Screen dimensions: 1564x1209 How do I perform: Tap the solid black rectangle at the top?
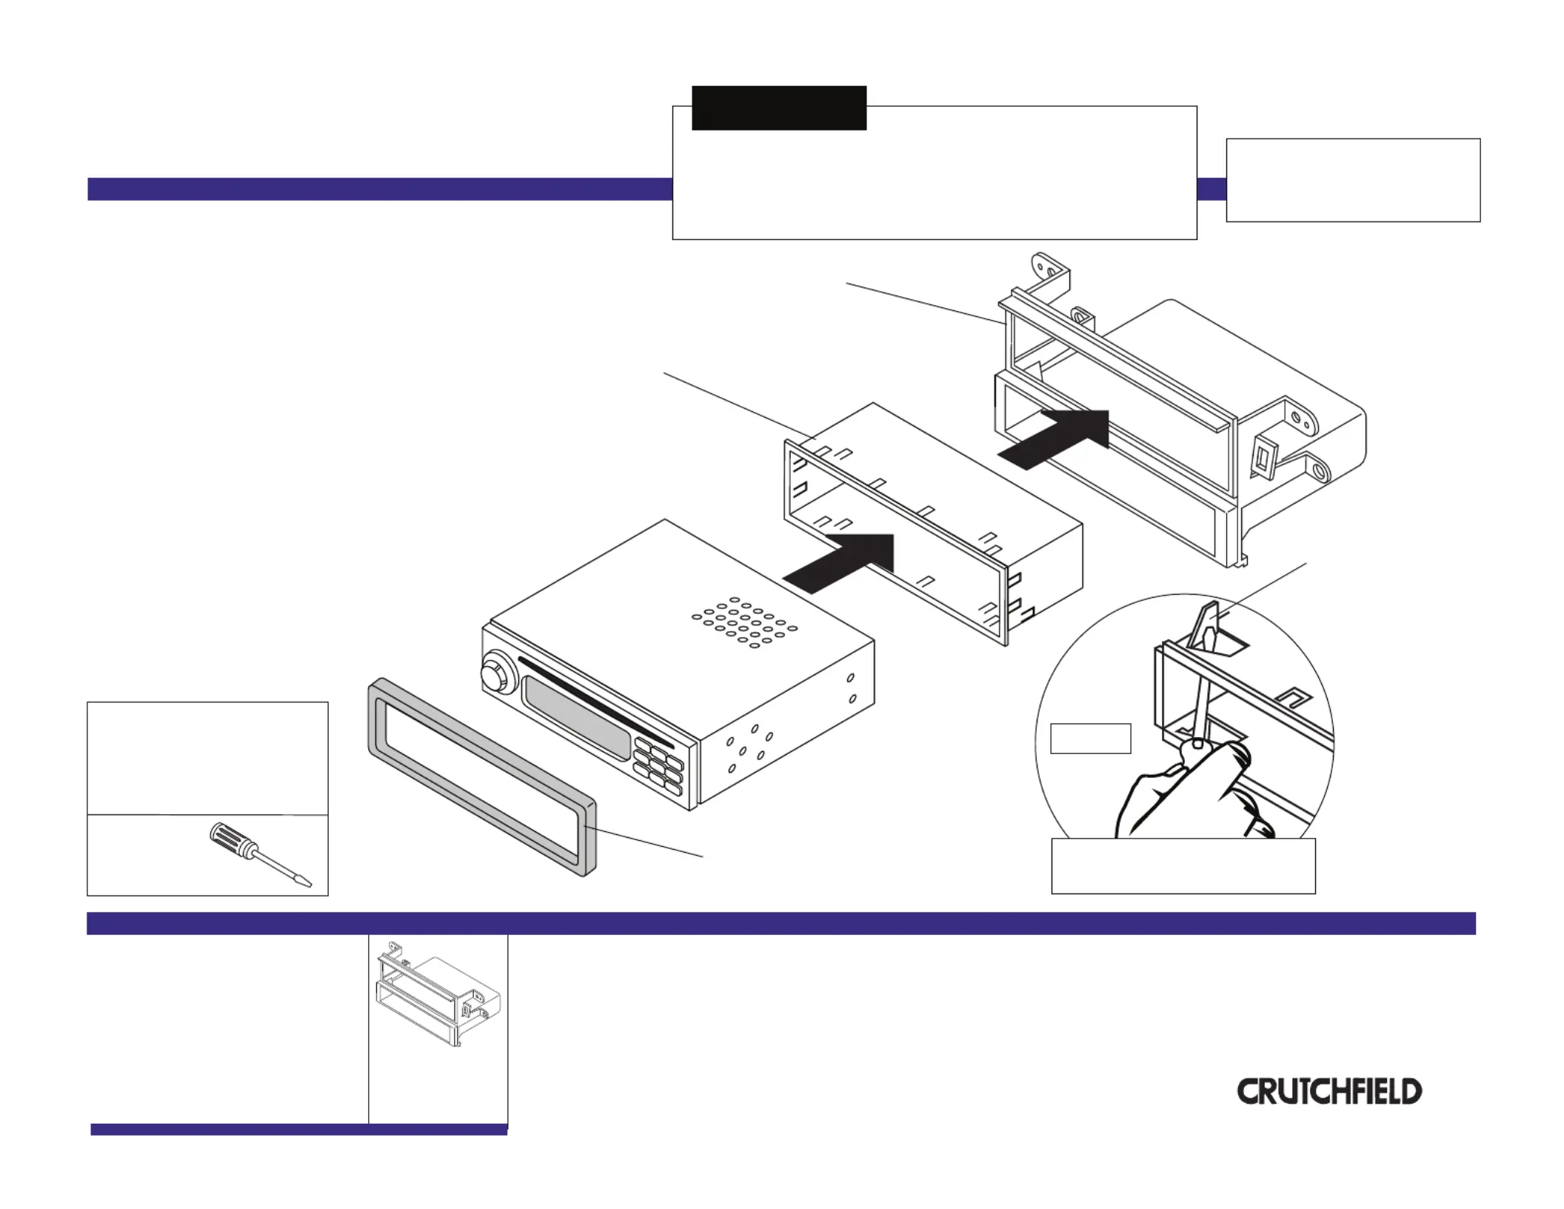click(779, 108)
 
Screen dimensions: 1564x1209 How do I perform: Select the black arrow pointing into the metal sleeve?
click(844, 562)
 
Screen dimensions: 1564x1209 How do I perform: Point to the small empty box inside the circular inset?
click(1091, 739)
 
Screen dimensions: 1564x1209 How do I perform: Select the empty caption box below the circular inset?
click(1183, 866)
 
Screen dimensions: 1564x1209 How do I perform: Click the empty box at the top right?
click(1353, 180)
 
